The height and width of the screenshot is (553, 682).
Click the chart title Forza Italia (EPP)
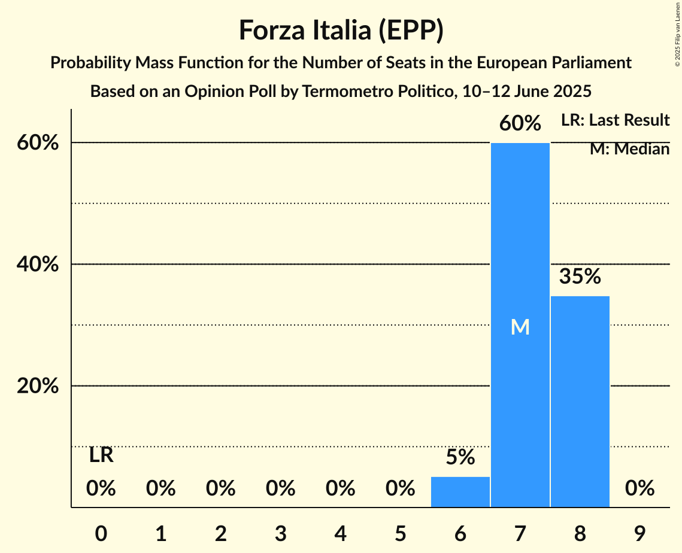click(341, 30)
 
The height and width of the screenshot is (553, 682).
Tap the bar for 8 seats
click(580, 401)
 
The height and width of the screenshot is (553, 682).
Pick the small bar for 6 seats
click(460, 492)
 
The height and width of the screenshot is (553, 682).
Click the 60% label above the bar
click(520, 124)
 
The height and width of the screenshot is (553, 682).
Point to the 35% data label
click(580, 276)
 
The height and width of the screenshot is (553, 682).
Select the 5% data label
click(460, 458)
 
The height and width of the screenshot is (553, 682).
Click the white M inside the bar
click(520, 327)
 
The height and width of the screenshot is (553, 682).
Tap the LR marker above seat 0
click(101, 455)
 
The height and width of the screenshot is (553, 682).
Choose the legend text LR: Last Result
click(615, 120)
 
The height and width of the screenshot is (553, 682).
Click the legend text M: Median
click(629, 149)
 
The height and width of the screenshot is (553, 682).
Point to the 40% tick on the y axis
click(38, 265)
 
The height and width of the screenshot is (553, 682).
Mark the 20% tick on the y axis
click(38, 387)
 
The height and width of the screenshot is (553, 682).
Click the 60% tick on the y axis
click(38, 143)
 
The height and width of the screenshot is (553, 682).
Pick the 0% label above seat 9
click(639, 489)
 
